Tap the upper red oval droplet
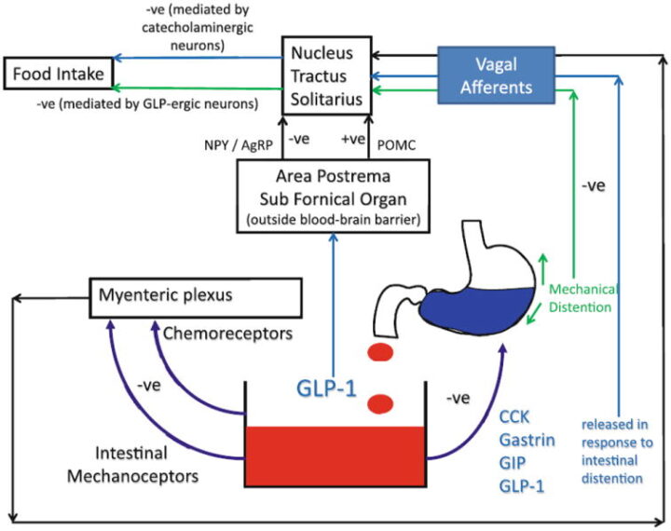point(380,353)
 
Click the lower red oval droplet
point(380,403)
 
